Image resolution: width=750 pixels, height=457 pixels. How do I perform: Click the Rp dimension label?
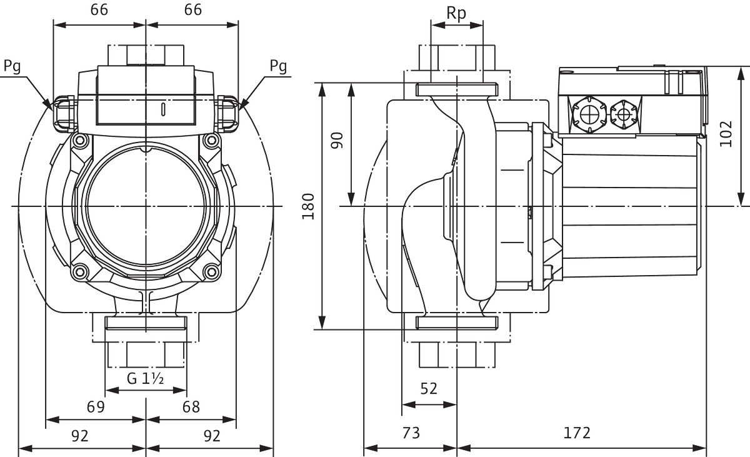(x=457, y=14)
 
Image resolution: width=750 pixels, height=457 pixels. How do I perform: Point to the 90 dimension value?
(x=338, y=140)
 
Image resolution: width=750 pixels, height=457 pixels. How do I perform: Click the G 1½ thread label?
(x=145, y=378)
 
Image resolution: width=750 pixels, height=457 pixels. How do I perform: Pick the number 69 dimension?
(x=95, y=407)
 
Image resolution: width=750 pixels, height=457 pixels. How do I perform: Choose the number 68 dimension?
(x=191, y=407)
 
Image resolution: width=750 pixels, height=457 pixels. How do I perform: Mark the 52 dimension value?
(x=429, y=389)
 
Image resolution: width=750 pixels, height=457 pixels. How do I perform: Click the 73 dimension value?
(x=410, y=433)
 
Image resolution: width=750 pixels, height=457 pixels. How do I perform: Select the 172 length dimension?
(x=577, y=433)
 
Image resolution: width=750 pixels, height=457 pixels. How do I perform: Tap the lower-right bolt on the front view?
(x=212, y=271)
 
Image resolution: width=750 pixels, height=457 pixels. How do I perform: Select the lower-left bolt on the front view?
(x=79, y=271)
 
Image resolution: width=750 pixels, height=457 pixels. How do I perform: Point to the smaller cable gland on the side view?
(x=622, y=114)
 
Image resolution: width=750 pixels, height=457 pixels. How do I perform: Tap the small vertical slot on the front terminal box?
(x=162, y=111)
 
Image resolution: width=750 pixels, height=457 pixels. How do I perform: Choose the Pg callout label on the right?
(x=279, y=66)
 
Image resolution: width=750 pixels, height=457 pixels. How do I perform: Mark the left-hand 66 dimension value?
(x=99, y=10)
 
